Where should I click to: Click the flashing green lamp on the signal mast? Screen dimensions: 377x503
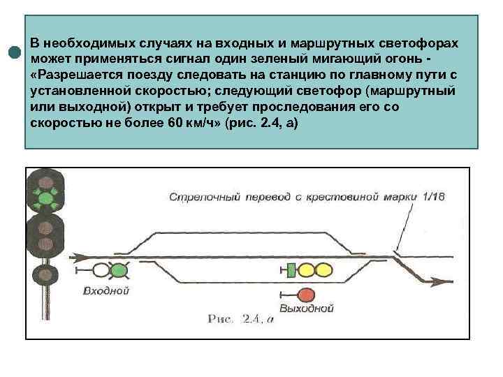point(46,198)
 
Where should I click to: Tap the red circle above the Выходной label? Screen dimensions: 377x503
point(306,294)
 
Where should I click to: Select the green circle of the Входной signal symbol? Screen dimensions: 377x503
point(119,270)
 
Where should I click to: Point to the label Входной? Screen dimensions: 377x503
point(105,290)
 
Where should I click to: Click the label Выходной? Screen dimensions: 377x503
point(306,308)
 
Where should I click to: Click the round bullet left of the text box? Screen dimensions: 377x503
point(14,52)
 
